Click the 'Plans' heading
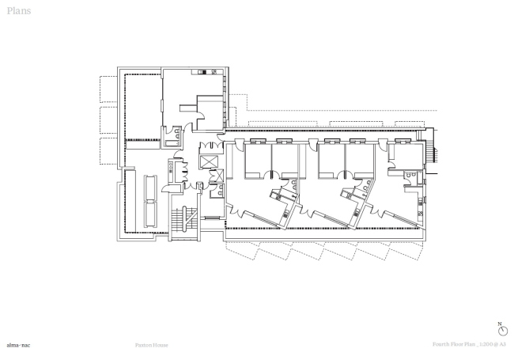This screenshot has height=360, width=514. pyautogui.click(x=18, y=11)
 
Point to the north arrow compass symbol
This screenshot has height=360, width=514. pyautogui.click(x=501, y=331)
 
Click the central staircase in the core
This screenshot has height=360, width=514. pyautogui.click(x=183, y=219)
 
